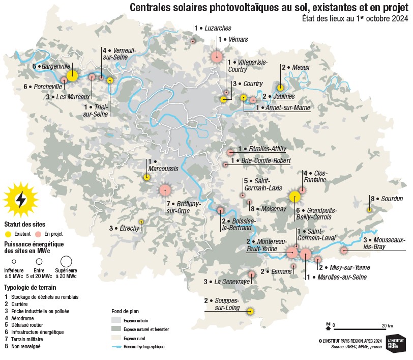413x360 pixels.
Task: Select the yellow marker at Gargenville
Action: coord(72,76)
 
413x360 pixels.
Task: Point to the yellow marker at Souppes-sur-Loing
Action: coord(250,311)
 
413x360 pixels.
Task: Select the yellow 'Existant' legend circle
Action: coord(8,234)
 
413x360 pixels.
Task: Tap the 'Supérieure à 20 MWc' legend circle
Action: coord(66,262)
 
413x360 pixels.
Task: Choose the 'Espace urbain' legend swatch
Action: coord(116,321)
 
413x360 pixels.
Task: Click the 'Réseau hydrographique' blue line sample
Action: coord(116,346)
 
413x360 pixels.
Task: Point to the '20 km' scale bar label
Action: coord(387,325)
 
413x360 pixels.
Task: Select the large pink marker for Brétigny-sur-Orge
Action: coord(165,190)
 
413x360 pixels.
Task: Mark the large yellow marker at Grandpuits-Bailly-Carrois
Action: coord(294,197)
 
